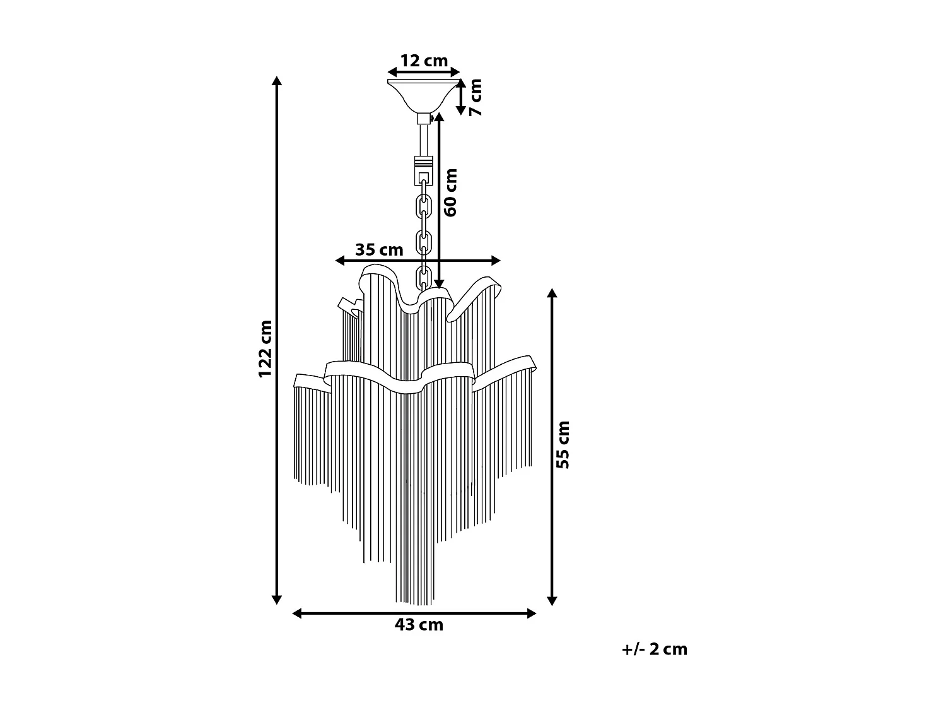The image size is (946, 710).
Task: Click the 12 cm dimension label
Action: pos(424,61)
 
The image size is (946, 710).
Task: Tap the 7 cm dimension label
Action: pos(476,97)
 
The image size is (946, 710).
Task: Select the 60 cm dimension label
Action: pos(450,192)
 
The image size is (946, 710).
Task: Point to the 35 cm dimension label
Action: pos(379,249)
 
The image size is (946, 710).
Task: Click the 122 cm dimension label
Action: pos(265,349)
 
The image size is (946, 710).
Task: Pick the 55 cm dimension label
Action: pos(563,445)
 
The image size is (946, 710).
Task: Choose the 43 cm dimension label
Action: pos(419,625)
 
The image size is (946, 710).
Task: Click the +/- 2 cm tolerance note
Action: pos(654,649)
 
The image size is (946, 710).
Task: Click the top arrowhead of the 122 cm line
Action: pos(277,81)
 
